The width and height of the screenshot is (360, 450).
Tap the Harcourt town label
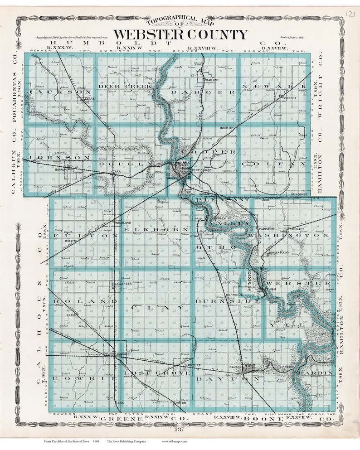pos(193,363)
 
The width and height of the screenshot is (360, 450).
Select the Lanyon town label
pos(180,402)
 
